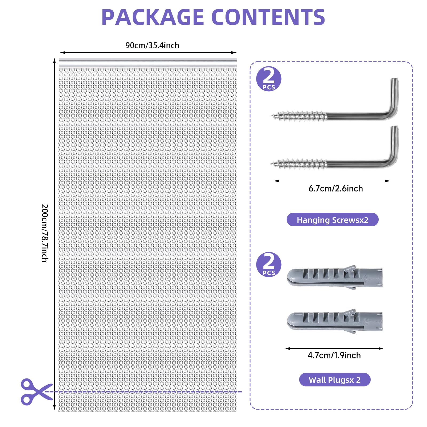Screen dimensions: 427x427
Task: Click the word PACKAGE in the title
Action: pos(153,17)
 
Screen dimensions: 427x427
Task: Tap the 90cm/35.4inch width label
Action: pos(152,45)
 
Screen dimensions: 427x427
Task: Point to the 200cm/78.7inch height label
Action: pos(45,233)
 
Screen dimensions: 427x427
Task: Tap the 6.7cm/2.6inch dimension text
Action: pos(335,189)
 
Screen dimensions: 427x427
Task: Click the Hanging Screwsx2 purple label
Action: pos(333,220)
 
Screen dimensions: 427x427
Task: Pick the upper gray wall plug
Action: pos(335,277)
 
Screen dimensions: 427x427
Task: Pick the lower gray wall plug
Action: pos(335,321)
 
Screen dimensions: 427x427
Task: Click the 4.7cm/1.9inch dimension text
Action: pos(334,355)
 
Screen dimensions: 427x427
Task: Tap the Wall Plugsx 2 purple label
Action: pos(335,379)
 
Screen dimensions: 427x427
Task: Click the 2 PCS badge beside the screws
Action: pos(269,79)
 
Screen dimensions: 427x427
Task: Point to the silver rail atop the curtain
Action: pos(148,62)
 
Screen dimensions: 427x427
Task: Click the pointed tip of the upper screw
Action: pos(272,116)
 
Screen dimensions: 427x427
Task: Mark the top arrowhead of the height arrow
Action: pos(54,61)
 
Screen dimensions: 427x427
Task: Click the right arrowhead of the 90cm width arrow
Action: pos(234,53)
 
